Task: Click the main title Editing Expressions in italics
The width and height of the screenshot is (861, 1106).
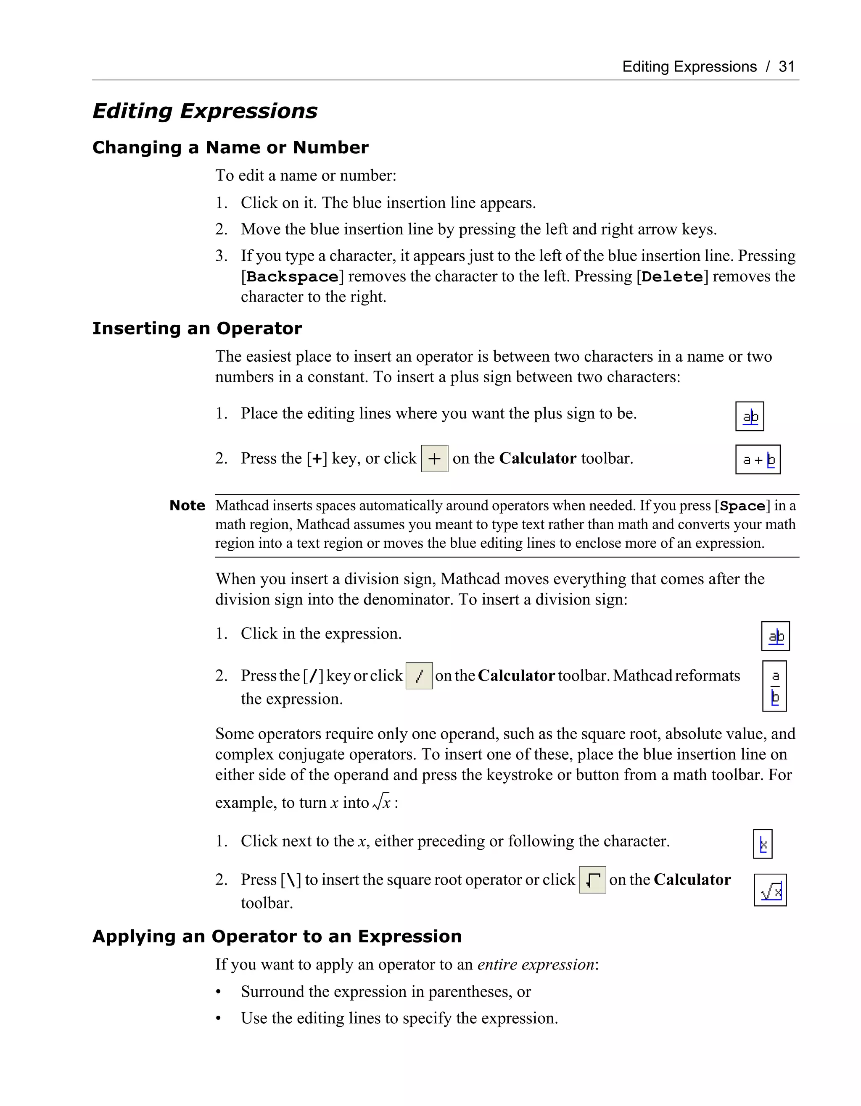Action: click(205, 111)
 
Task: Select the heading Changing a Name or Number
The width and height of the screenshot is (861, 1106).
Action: click(230, 147)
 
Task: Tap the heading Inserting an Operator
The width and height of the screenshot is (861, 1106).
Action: click(197, 328)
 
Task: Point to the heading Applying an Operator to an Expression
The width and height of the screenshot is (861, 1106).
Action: click(277, 936)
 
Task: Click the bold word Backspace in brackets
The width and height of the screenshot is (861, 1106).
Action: click(293, 277)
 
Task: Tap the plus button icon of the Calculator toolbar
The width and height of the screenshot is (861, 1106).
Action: click(434, 459)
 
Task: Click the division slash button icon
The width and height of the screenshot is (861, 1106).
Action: click(419, 676)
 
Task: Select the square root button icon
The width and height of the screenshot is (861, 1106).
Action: click(592, 880)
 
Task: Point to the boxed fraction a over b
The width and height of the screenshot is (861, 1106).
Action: click(774, 686)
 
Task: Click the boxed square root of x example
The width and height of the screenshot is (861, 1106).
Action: click(770, 890)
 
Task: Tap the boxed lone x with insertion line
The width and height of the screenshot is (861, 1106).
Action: click(763, 844)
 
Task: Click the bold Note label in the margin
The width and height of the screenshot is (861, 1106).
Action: click(187, 505)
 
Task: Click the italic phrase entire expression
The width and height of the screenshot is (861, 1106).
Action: click(536, 964)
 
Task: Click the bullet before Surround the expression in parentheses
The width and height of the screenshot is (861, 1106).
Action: click(219, 992)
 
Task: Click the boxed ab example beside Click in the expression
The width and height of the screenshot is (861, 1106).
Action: click(775, 636)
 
